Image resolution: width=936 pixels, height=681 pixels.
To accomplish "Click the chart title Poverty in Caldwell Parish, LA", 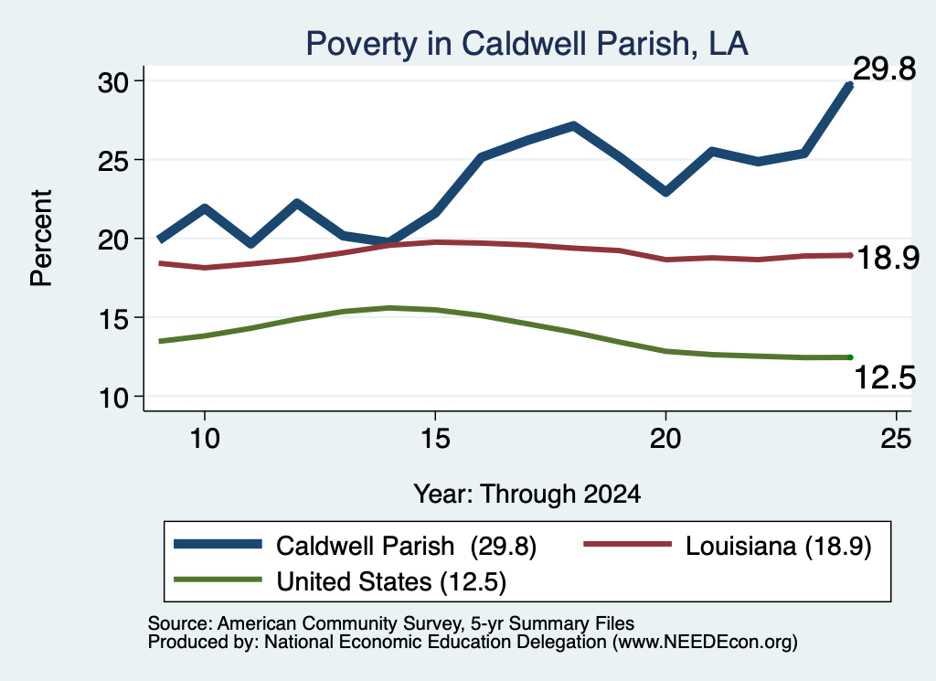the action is (x=527, y=44).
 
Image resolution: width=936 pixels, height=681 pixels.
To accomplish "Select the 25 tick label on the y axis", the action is (x=113, y=161).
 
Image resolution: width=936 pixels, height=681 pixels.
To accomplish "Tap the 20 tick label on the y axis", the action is (x=113, y=239).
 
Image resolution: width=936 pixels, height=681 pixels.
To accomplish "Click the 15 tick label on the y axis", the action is (x=113, y=319).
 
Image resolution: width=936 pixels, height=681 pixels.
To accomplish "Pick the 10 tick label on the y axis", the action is (x=113, y=398).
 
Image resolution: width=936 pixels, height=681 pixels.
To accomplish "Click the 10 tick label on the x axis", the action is (x=205, y=439).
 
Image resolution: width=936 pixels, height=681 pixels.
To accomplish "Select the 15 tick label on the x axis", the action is (x=435, y=439).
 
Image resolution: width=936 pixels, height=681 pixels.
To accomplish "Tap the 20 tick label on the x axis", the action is (x=665, y=439).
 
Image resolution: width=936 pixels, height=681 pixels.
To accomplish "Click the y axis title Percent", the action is (x=41, y=239).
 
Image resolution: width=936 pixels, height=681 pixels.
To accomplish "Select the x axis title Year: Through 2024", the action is (x=527, y=495).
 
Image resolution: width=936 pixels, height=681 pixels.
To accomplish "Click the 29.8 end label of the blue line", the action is (x=884, y=69).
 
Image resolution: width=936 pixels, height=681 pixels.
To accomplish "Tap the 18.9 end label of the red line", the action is (x=888, y=259).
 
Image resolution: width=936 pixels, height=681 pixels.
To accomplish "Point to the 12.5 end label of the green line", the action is (x=885, y=378).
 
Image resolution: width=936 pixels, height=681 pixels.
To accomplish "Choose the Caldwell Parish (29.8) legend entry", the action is (x=356, y=546).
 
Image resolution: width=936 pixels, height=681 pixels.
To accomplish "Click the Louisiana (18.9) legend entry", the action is (x=728, y=546).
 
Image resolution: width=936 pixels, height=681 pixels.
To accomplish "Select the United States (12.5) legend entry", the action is (x=340, y=581).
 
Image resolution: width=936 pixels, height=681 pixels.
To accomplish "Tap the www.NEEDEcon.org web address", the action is (x=704, y=642).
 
